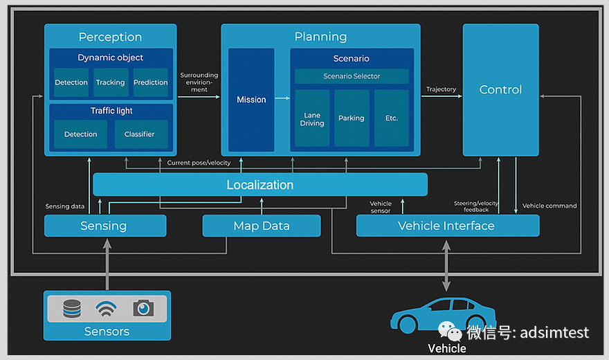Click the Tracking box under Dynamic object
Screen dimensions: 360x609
pyautogui.click(x=111, y=82)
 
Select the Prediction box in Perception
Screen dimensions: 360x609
pyautogui.click(x=151, y=82)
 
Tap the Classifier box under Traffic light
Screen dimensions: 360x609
pyautogui.click(x=140, y=134)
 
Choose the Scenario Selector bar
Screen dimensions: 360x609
pyautogui.click(x=352, y=76)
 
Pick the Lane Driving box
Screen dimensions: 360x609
pyautogui.click(x=312, y=118)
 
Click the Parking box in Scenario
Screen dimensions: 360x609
pyautogui.click(x=352, y=118)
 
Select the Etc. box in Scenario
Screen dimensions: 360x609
pyautogui.click(x=392, y=118)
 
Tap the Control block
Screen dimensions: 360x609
pyautogui.click(x=500, y=90)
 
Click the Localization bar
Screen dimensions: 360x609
pyautogui.click(x=260, y=185)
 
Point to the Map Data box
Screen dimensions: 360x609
pyautogui.click(x=262, y=226)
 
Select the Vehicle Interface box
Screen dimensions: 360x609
pyautogui.click(x=447, y=226)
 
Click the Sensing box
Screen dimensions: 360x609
pyautogui.click(x=104, y=226)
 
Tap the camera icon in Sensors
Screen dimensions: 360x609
pyautogui.click(x=143, y=308)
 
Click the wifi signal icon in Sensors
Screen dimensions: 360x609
pyautogui.click(x=107, y=308)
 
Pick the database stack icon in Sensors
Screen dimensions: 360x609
pyautogui.click(x=72, y=308)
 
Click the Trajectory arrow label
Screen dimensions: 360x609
pyautogui.click(x=442, y=89)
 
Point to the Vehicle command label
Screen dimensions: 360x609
pyautogui.click(x=549, y=206)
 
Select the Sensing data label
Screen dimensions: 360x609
pyautogui.click(x=65, y=206)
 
